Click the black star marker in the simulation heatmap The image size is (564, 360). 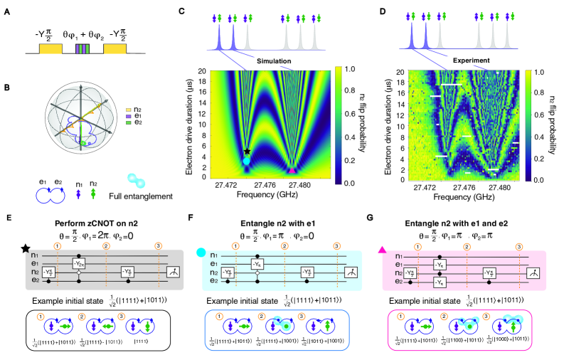click(247, 152)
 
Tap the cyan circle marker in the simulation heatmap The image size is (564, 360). click(246, 162)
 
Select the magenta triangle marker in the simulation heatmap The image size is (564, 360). click(291, 171)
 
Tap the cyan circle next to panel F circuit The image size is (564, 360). click(198, 247)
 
